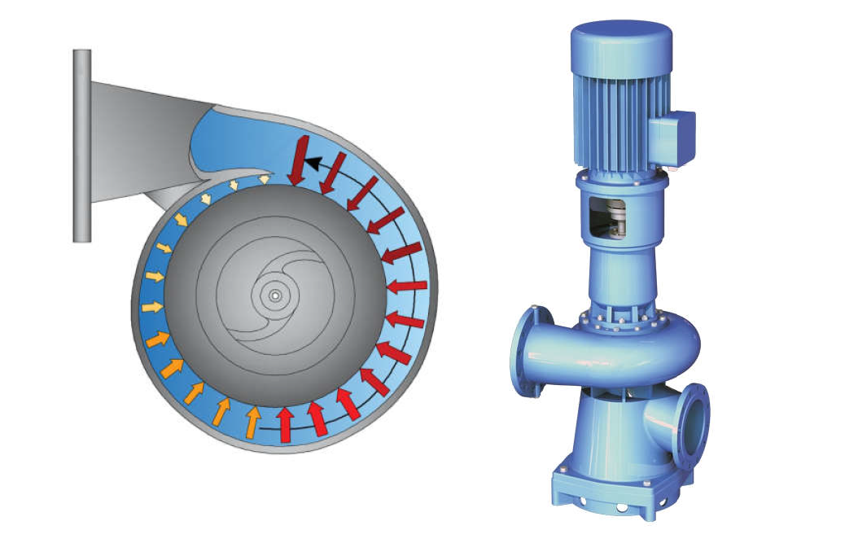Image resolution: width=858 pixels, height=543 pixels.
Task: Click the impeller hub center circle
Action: tap(275, 296)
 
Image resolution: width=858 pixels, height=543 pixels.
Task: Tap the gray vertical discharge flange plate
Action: tap(81, 145)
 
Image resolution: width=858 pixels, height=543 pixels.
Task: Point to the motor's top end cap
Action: tap(621, 37)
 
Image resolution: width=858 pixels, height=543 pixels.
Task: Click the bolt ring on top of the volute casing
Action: tap(619, 320)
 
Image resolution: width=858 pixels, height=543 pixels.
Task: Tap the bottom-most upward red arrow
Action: tap(286, 423)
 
